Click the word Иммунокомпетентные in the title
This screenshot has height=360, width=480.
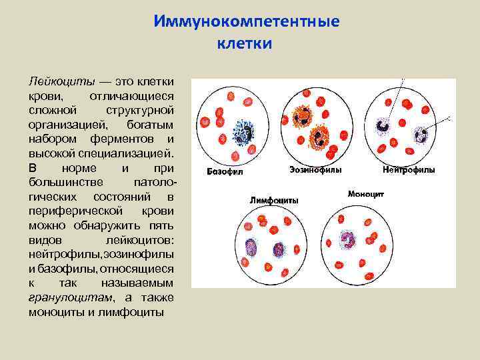246,21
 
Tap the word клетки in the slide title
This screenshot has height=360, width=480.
245,44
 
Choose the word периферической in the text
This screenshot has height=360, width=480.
73,211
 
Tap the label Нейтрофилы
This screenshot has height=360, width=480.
408,170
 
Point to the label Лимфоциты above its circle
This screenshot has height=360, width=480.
273,200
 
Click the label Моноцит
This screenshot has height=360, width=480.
365,194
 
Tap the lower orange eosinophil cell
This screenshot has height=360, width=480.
321,137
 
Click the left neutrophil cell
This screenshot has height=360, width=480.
384,125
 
